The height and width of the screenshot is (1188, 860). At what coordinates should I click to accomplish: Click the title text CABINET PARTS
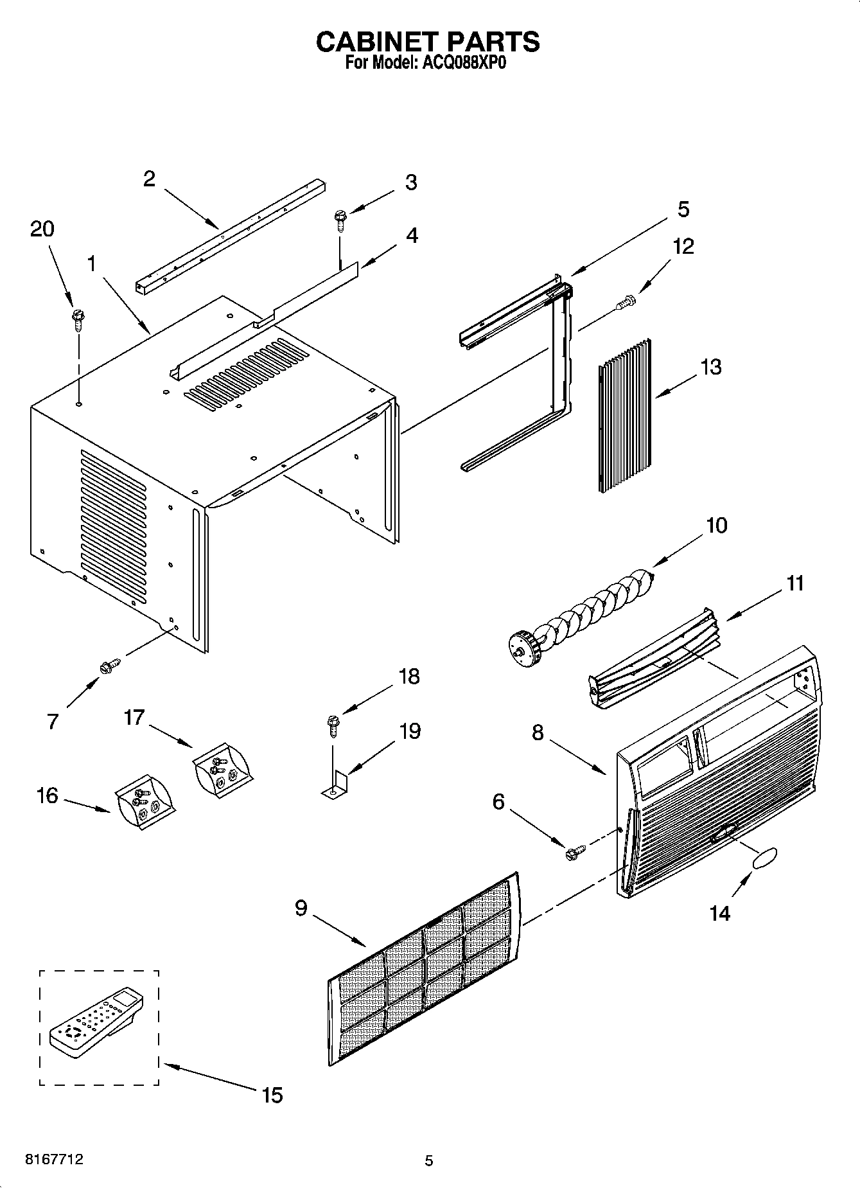(428, 42)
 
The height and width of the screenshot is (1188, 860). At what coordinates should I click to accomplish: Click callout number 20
(42, 229)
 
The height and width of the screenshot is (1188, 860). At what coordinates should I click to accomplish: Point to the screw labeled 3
(338, 220)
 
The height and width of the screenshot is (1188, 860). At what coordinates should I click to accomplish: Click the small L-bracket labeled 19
(335, 787)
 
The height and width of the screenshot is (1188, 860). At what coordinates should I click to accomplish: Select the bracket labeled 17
(222, 767)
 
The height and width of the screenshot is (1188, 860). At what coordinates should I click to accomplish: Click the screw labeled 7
(109, 666)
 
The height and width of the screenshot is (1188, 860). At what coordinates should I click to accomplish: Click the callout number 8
(537, 732)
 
